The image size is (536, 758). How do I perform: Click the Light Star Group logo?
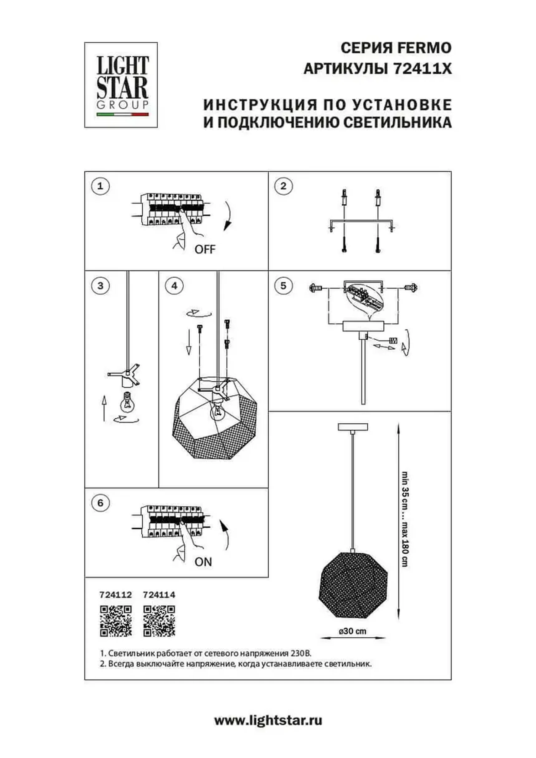121,85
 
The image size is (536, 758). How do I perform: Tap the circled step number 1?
100,186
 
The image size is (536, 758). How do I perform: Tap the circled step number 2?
283,186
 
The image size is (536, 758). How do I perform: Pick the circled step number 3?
100,286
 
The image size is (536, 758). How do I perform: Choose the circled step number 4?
175,286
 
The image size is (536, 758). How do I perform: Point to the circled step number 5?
283,286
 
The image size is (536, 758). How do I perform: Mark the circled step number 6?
100,503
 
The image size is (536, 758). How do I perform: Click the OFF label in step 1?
205,249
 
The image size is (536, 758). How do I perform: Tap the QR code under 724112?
116,621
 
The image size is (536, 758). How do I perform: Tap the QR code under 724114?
159,621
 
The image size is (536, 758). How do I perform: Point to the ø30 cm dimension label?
353,631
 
